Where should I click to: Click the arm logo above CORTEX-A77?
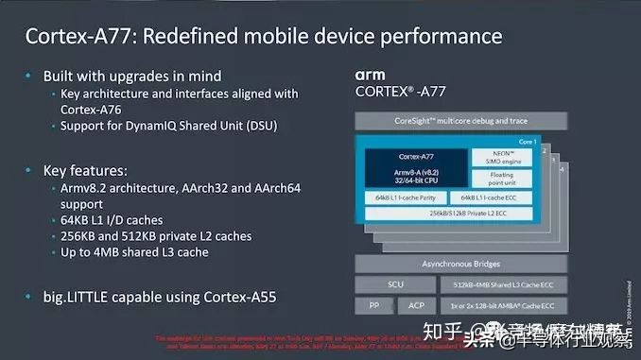click(x=371, y=74)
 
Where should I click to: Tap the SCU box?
click(x=395, y=283)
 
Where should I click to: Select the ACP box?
click(x=417, y=305)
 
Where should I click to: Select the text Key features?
click(x=86, y=170)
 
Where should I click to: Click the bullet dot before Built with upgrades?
click(x=30, y=75)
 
